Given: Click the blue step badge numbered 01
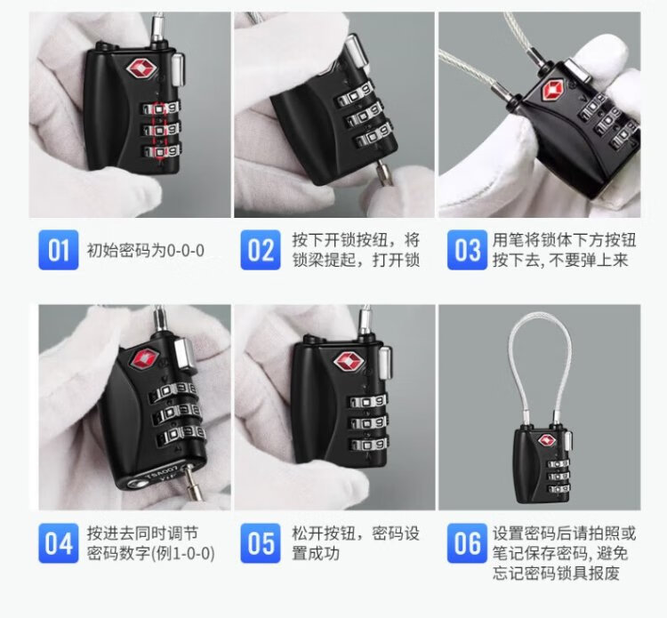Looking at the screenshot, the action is (59, 250).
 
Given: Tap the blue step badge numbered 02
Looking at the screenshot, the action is (261, 250).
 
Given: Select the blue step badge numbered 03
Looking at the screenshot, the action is (467, 250).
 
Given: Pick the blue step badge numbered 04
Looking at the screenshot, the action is (59, 543).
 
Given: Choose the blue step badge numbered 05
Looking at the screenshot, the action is (261, 543).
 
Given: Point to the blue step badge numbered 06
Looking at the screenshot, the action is (467, 543).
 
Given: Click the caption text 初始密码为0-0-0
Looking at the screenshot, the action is (146, 250).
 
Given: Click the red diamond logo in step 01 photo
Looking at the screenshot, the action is (141, 68).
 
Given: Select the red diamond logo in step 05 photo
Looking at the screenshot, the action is (349, 362).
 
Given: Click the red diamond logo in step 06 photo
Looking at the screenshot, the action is (546, 440).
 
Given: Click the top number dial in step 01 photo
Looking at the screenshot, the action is (161, 108).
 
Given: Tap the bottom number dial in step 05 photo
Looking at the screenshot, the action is (369, 444).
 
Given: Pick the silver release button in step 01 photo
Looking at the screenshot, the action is (179, 68).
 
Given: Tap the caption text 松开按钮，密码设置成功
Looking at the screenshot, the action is (356, 543).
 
